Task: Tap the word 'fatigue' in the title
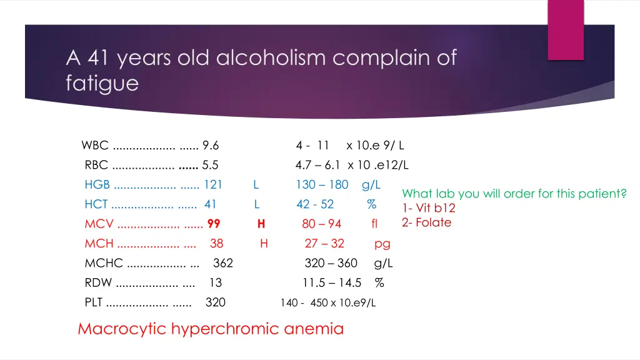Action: coord(102,83)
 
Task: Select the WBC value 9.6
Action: coord(211,146)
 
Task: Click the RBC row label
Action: coord(96,165)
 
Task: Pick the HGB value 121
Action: coord(213,184)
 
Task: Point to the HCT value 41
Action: coord(210,204)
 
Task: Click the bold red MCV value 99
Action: coord(214,224)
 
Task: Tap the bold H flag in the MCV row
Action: coord(261,224)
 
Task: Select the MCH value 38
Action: coord(216,243)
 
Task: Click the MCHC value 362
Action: coord(223,263)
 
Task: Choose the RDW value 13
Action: coord(215,282)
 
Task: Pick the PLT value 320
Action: coord(216,302)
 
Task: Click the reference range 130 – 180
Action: coord(322,184)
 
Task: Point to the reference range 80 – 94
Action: coord(321,224)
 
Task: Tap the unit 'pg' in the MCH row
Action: coord(382,244)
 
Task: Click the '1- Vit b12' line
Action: coord(429,208)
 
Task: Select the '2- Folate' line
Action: coord(426,222)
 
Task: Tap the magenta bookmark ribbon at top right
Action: coord(566,28)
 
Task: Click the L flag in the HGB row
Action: coord(256,184)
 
